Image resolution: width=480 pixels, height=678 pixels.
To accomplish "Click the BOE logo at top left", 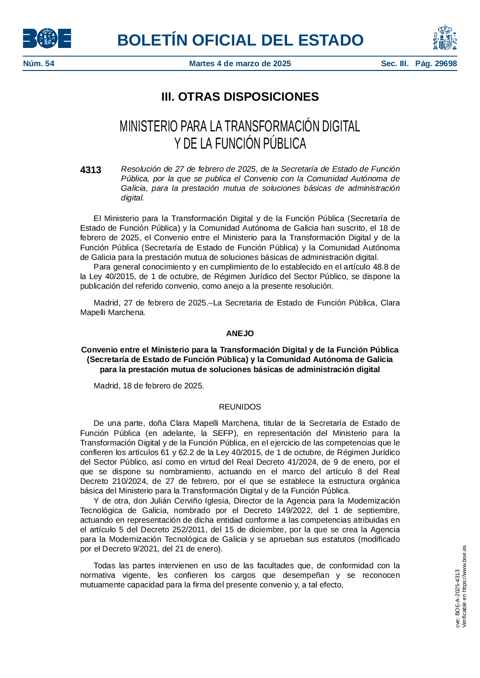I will click(x=47, y=38).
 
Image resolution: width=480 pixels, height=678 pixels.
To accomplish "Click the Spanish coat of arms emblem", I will click(x=445, y=38).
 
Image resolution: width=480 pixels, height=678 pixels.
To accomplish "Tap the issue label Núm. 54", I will click(x=39, y=64).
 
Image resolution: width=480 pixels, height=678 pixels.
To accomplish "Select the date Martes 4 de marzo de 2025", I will click(x=240, y=64).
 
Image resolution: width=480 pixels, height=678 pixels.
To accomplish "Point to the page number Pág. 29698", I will click(x=436, y=64).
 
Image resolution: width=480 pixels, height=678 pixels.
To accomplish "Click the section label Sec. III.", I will click(x=395, y=64).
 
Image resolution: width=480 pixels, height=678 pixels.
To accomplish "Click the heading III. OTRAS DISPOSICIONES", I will click(x=240, y=97).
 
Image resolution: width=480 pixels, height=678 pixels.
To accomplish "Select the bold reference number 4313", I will click(x=91, y=170).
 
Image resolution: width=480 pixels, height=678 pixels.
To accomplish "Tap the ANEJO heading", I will click(x=240, y=334).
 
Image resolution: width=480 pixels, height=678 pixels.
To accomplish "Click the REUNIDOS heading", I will click(x=240, y=407).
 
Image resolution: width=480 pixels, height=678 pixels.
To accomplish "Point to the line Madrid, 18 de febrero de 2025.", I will click(x=149, y=386).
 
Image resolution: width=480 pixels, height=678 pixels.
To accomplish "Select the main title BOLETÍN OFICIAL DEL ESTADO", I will click(x=240, y=40).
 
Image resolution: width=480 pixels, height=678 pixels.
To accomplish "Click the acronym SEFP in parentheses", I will click(x=223, y=433).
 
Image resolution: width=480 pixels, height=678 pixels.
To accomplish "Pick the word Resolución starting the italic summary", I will click(x=141, y=169).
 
